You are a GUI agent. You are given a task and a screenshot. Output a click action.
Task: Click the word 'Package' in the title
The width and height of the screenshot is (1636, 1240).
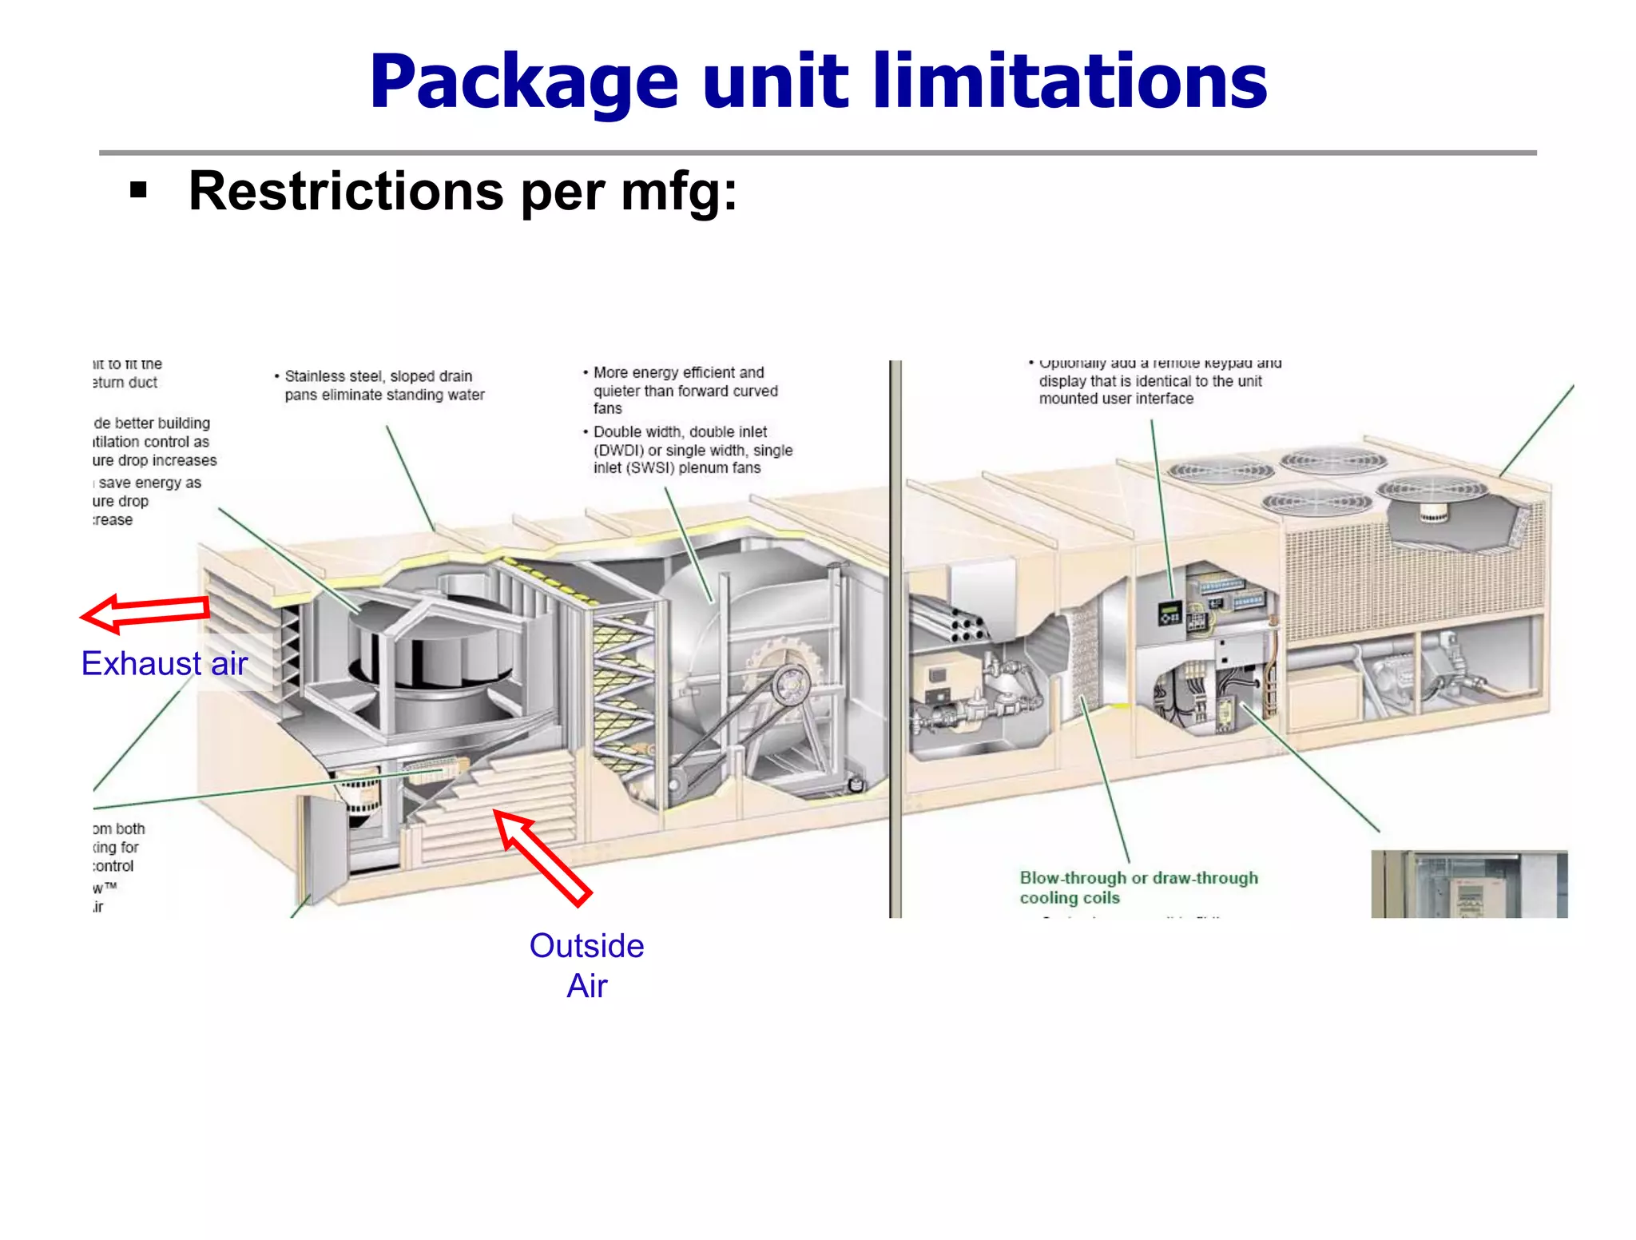[523, 83]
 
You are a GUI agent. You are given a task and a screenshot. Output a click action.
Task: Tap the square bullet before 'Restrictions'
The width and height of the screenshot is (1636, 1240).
[139, 191]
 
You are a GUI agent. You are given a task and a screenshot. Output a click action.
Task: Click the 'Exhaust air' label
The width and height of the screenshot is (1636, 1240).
[165, 663]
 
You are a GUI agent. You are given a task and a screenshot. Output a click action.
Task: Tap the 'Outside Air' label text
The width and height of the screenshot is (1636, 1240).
[586, 965]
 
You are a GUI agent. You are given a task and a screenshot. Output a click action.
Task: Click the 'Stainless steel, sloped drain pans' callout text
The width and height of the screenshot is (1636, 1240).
[383, 385]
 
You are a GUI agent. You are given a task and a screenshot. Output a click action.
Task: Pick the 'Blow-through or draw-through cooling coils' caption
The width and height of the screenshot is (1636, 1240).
[1138, 888]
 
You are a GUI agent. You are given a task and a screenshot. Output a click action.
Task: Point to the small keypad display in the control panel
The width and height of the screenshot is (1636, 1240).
[1170, 614]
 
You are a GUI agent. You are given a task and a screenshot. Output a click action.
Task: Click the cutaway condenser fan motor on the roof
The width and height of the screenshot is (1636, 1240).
[1434, 512]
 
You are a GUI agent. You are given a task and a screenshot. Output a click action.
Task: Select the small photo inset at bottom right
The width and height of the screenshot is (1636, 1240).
[1468, 884]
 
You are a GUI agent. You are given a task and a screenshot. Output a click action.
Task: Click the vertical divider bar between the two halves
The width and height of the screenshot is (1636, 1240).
[895, 639]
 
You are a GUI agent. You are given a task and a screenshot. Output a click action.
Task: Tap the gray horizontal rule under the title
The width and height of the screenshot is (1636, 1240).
[817, 153]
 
